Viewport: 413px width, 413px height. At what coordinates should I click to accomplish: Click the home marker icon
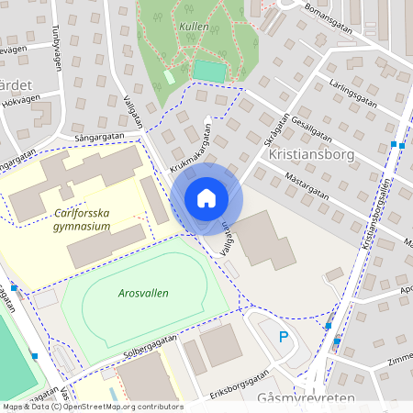[206, 198]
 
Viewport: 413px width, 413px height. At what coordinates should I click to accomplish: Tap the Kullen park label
[194, 28]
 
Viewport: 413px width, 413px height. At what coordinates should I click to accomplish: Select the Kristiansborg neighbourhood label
[311, 154]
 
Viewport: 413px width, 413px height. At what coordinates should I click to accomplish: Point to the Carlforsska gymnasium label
[82, 219]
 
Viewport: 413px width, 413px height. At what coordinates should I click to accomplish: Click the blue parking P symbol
[284, 337]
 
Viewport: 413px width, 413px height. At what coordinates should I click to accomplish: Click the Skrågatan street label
[275, 129]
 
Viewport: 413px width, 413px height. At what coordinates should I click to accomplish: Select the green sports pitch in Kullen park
[209, 70]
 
